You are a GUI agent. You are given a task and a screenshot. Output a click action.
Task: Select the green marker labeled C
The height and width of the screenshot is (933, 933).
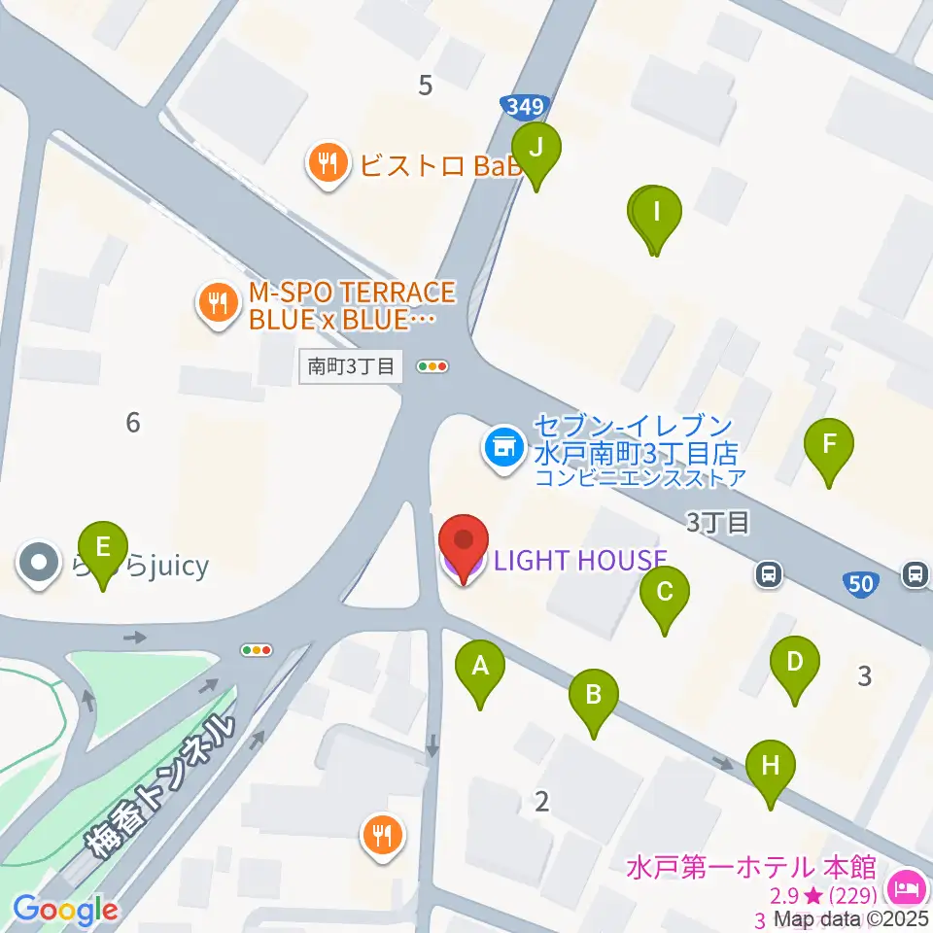point(665,593)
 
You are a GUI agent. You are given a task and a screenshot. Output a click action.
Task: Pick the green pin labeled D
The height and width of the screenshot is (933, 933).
point(794,664)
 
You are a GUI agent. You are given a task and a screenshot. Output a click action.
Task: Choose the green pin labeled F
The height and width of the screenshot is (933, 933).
point(829,446)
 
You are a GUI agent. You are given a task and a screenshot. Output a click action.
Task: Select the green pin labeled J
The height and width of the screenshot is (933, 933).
point(537,150)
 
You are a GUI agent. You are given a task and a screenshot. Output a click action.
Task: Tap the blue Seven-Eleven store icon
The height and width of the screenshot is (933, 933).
point(501,448)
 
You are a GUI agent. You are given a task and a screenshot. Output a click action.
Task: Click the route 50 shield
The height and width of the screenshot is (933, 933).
point(860,583)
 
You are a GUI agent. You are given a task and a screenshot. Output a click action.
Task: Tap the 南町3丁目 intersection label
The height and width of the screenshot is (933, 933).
point(350,366)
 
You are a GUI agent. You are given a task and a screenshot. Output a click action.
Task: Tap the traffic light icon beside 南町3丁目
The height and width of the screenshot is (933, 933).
point(432,366)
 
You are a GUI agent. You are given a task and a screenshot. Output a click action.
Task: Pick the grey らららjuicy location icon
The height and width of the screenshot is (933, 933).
point(39,565)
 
